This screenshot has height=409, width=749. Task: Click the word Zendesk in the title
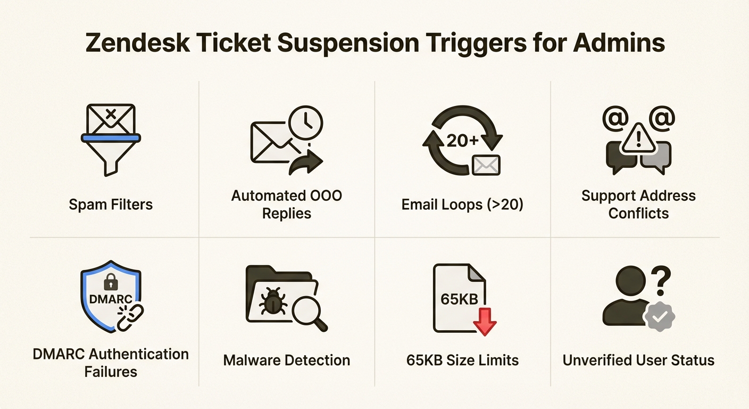[138, 43]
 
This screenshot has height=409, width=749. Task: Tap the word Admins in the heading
[619, 43]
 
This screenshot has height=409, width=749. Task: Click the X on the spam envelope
[110, 114]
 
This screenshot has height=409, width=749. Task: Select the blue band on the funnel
[111, 138]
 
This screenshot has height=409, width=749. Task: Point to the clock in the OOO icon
[306, 122]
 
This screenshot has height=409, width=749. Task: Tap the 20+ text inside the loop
[462, 141]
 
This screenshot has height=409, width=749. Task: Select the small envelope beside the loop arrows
[486, 165]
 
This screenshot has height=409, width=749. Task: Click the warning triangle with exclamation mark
[638, 139]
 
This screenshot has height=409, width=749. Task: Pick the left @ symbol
[615, 118]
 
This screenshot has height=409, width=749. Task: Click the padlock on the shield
[111, 282]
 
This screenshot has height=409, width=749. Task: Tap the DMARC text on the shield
[111, 299]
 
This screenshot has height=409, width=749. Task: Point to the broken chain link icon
[130, 317]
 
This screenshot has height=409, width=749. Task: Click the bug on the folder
[273, 302]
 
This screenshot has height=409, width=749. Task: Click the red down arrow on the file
[485, 321]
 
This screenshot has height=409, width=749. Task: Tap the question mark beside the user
[661, 281]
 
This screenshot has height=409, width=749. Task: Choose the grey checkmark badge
[660, 316]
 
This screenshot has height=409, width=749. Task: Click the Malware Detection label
[287, 361]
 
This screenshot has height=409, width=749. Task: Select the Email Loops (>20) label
[462, 204]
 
